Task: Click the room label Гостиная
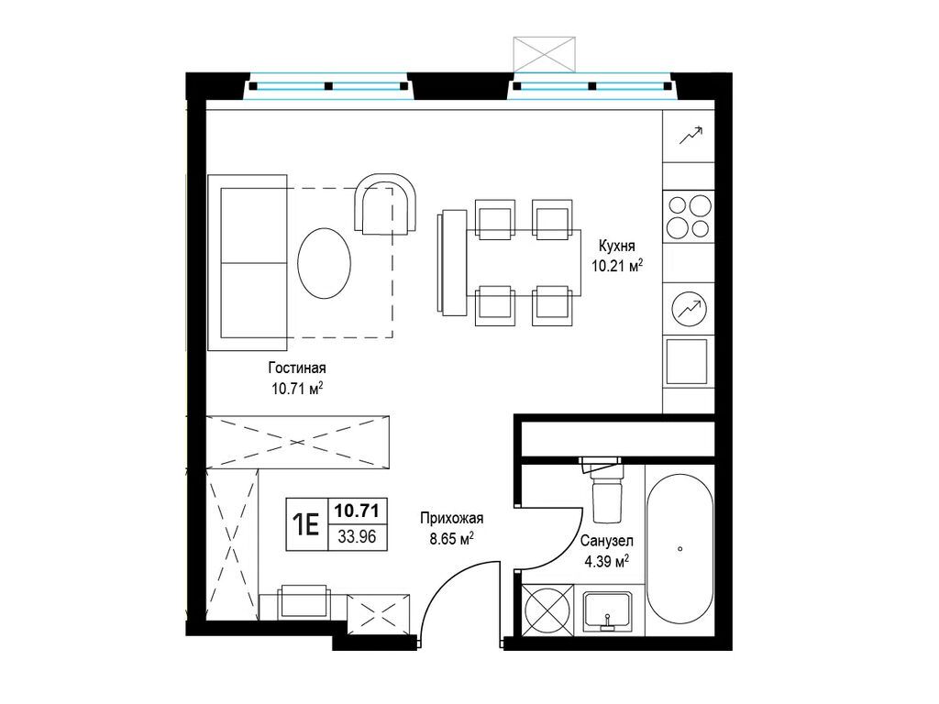click(297, 368)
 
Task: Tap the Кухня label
click(616, 246)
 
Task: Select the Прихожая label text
click(451, 519)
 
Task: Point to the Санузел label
click(607, 541)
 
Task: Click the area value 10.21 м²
click(617, 266)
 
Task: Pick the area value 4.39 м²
click(606, 562)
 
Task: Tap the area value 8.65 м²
click(452, 539)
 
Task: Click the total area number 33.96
click(357, 537)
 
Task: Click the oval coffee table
click(324, 263)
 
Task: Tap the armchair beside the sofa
click(386, 204)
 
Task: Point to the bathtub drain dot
click(679, 548)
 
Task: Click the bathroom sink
click(608, 611)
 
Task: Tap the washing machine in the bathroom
click(547, 610)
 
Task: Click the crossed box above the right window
click(545, 54)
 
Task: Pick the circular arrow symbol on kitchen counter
click(690, 309)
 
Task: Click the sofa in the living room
click(248, 262)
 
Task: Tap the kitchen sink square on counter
click(687, 361)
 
